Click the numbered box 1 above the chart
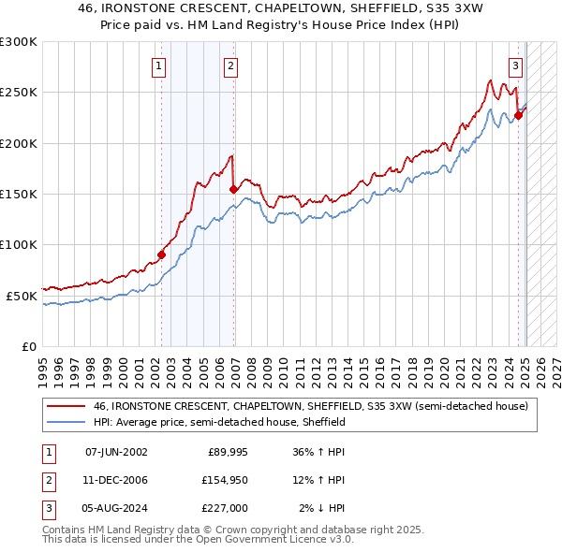click(x=160, y=66)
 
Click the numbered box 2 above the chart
click(x=230, y=66)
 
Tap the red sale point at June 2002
click(x=161, y=254)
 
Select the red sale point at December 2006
click(x=233, y=189)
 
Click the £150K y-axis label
click(x=19, y=194)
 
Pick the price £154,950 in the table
click(x=221, y=480)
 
